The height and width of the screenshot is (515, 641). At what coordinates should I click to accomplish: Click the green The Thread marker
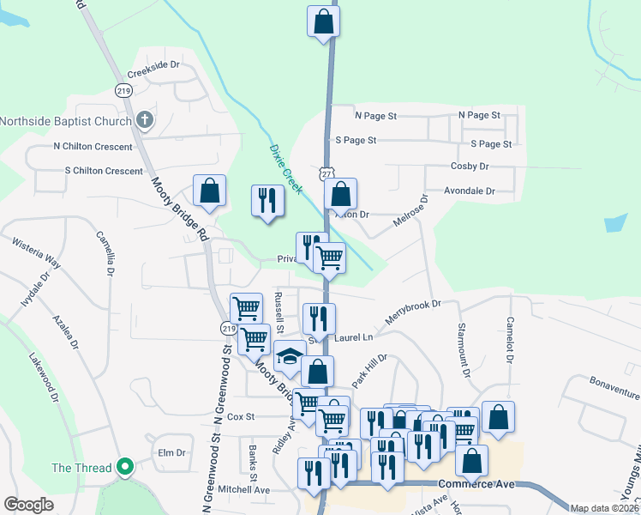(125, 468)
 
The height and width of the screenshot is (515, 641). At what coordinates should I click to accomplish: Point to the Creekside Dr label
(154, 64)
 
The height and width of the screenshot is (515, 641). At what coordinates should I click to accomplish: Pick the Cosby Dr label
(469, 166)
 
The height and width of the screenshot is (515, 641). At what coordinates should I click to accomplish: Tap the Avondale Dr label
(469, 191)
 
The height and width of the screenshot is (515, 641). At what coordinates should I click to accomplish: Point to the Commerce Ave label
(476, 484)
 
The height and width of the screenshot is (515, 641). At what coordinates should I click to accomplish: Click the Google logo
(28, 505)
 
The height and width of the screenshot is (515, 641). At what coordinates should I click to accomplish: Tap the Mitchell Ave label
(243, 489)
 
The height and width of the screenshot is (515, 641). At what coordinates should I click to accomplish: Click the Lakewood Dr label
(43, 378)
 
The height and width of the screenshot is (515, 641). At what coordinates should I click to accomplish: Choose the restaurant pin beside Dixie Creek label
(267, 201)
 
